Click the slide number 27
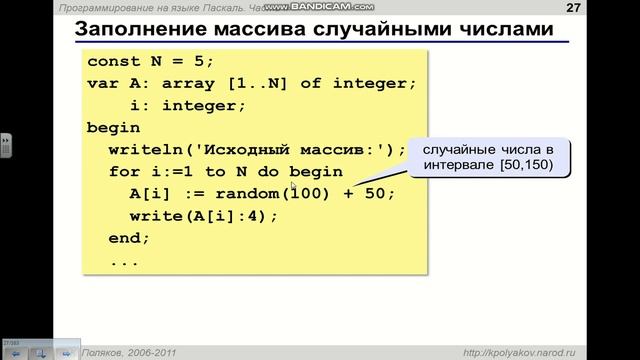point(573,8)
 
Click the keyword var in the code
point(103,83)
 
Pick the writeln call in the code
point(145,150)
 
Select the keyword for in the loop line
point(125,172)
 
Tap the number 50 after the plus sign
point(380,194)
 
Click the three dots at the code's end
point(125,261)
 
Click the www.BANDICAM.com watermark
point(346,8)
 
